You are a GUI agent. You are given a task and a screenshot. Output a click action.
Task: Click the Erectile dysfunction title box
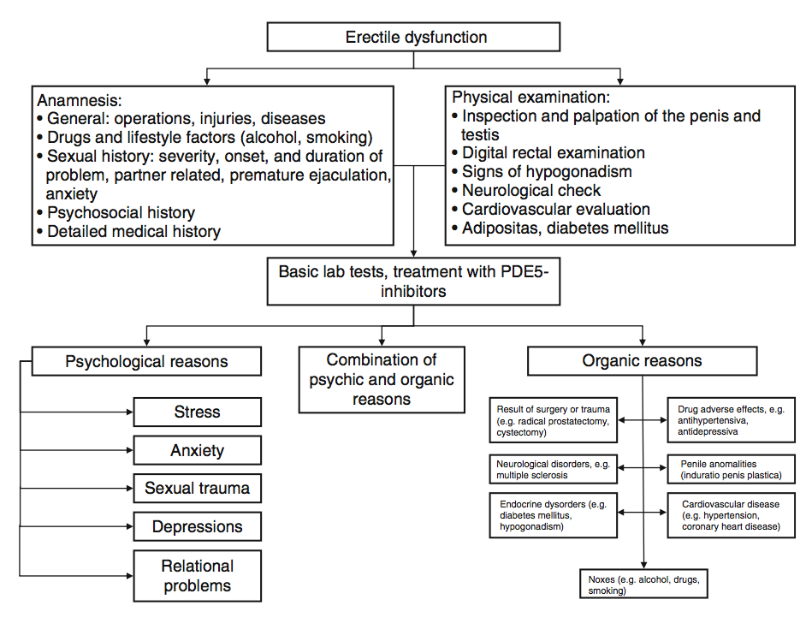pyautogui.click(x=414, y=38)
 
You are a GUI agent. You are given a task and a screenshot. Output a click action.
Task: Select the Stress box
pyautogui.click(x=197, y=412)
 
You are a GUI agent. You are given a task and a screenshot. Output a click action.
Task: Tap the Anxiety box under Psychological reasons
pyautogui.click(x=197, y=450)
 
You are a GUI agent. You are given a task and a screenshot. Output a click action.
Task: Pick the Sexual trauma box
pyautogui.click(x=197, y=489)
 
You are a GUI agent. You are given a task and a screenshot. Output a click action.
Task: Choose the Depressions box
pyautogui.click(x=197, y=527)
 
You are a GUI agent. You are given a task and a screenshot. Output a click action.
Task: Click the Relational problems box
pyautogui.click(x=197, y=576)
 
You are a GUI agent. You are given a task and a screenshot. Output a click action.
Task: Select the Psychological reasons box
pyautogui.click(x=146, y=361)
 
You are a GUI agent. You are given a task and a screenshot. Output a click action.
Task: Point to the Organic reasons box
pyautogui.click(x=642, y=361)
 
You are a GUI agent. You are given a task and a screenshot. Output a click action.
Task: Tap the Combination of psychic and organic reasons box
pyautogui.click(x=382, y=380)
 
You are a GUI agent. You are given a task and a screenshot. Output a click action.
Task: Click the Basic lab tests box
pyautogui.click(x=414, y=282)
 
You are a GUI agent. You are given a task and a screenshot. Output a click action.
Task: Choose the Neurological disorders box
pyautogui.click(x=553, y=469)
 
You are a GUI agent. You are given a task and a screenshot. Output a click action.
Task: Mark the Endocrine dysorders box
pyautogui.click(x=553, y=515)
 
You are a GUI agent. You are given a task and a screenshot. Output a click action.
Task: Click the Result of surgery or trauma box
pyautogui.click(x=553, y=420)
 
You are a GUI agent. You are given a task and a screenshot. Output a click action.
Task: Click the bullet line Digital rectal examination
pyautogui.click(x=554, y=153)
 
